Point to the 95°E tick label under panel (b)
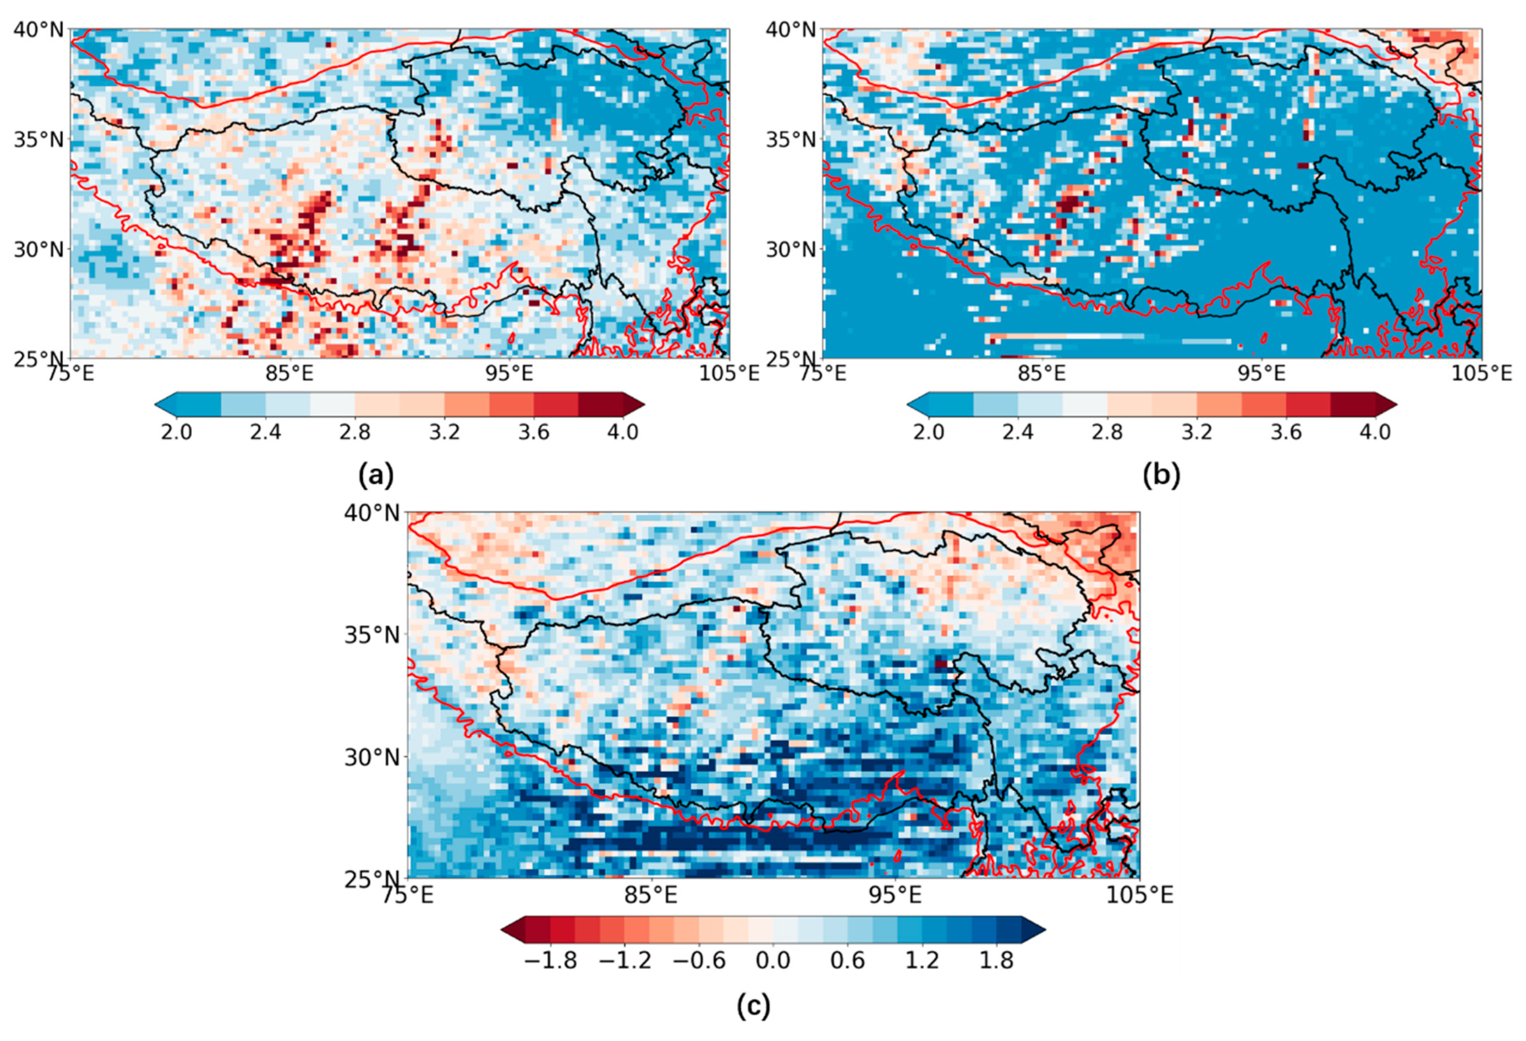[1261, 374]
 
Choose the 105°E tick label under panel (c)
[1139, 894]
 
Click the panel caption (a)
[376, 474]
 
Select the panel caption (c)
[753, 1005]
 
